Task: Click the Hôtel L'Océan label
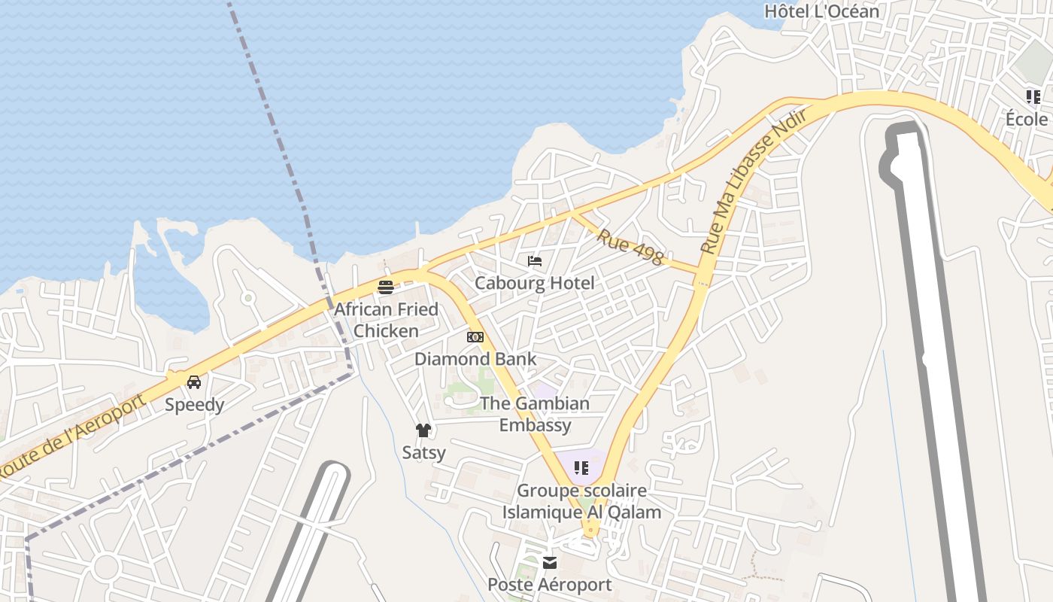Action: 821,11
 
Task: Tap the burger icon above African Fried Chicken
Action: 386,287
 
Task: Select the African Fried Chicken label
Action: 386,320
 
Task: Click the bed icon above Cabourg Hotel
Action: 535,261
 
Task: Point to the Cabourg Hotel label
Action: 534,283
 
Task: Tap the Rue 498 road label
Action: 631,248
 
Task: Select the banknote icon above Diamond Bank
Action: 475,337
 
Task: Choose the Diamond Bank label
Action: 475,359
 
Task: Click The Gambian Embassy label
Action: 536,414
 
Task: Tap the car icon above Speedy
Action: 194,382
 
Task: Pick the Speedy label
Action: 194,405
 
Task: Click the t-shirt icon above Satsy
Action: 423,430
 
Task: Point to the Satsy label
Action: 423,453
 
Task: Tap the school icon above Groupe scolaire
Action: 581,468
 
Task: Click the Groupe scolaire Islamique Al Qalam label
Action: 581,501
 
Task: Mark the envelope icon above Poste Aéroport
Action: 550,563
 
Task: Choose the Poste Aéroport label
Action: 549,585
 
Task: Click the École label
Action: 1027,120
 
